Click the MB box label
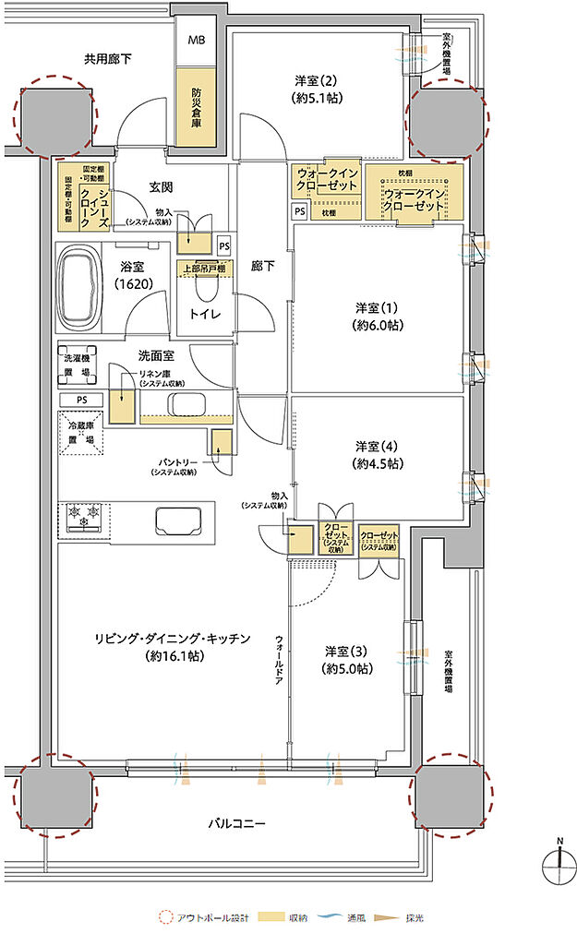click(198, 42)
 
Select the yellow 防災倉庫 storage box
click(197, 108)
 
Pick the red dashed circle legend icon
click(165, 918)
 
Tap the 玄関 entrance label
click(162, 187)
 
